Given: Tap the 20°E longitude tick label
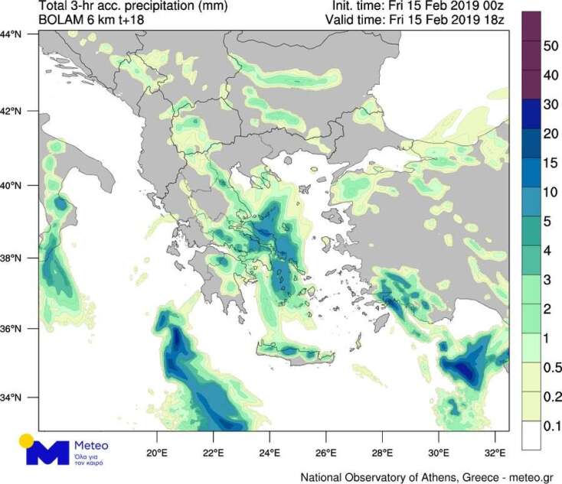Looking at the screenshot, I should point(157,450).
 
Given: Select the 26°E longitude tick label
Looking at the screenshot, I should point(326,450).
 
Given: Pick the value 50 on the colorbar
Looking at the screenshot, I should point(549,47).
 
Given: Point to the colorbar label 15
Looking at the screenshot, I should point(549,163).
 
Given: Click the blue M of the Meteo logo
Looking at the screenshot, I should point(47,451).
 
